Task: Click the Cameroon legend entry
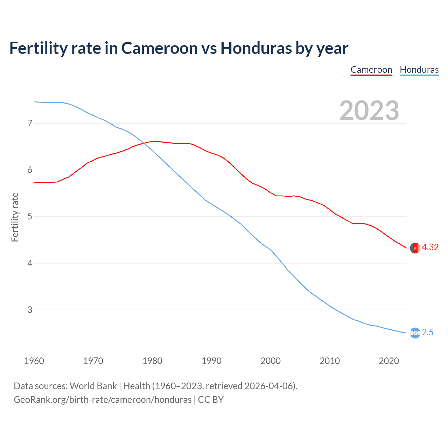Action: (371, 70)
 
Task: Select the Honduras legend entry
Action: (419, 70)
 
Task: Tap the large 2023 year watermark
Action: (369, 111)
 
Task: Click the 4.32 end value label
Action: (430, 247)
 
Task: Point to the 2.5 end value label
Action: (428, 332)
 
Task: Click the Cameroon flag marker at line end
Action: (415, 248)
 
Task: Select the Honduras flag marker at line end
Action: (415, 333)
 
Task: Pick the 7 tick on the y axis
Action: (30, 123)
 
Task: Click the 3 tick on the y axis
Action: (30, 310)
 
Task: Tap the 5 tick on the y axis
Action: (30, 217)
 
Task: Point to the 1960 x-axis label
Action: (34, 361)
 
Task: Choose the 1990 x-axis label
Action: (211, 361)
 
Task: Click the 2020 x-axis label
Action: (389, 361)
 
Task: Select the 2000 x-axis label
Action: (271, 361)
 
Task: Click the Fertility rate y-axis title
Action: (15, 217)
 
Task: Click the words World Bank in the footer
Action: (93, 386)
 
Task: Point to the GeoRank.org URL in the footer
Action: (103, 400)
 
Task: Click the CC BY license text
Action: (211, 400)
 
